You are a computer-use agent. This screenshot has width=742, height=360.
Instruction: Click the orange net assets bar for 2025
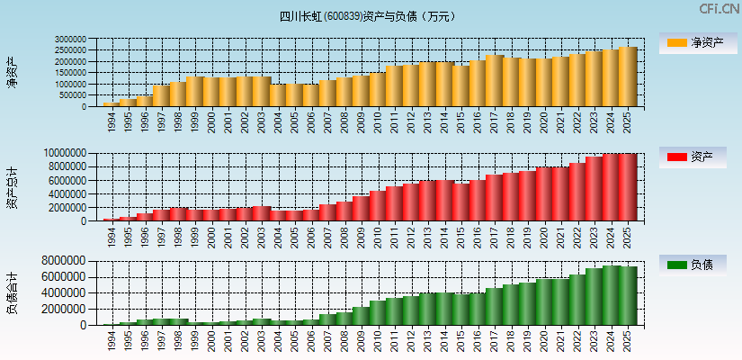point(627,77)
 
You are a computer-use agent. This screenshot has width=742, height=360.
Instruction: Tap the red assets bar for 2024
point(611,187)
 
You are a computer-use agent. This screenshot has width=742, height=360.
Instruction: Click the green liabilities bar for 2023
point(594,296)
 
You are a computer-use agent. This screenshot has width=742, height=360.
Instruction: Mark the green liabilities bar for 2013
point(427,309)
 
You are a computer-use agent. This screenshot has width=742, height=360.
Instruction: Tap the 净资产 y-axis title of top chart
point(12,72)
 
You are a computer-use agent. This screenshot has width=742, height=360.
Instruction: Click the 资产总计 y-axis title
point(12,187)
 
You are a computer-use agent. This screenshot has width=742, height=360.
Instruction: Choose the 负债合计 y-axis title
point(12,292)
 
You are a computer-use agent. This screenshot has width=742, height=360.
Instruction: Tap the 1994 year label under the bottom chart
point(112,337)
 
